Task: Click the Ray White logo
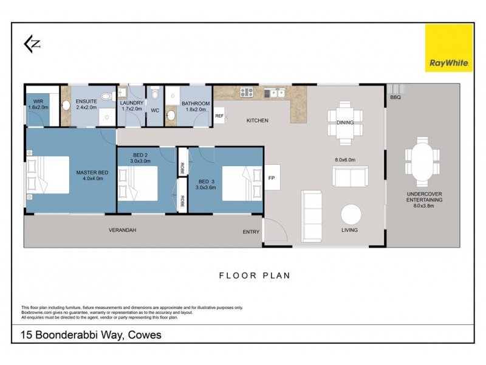pyautogui.click(x=448, y=47)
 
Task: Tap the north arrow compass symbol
pyautogui.click(x=32, y=43)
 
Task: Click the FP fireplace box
pyautogui.click(x=272, y=178)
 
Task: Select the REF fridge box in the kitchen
pyautogui.click(x=219, y=116)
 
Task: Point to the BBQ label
pyautogui.click(x=395, y=97)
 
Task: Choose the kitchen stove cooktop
pyautogui.click(x=247, y=92)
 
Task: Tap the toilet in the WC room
pyautogui.click(x=156, y=94)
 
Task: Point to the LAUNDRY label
pyautogui.click(x=131, y=103)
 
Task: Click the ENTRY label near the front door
pyautogui.click(x=251, y=232)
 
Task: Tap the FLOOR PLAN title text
pyautogui.click(x=255, y=276)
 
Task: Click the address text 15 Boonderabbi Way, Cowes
pyautogui.click(x=91, y=335)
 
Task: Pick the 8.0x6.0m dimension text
pyautogui.click(x=344, y=159)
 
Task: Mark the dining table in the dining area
pyautogui.click(x=345, y=122)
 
